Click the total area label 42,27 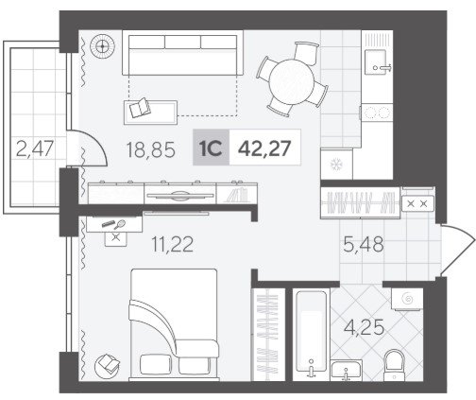(264, 148)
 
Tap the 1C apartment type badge (211, 148)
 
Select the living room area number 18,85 (150, 149)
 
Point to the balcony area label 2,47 (35, 148)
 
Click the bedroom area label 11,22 (173, 244)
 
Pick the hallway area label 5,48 (364, 244)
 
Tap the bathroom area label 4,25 (365, 327)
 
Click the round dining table (292, 82)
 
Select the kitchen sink (376, 61)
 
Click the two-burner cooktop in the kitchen (377, 113)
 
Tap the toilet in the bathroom (394, 365)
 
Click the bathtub (311, 335)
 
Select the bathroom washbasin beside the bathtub (346, 371)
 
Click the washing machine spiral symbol (407, 299)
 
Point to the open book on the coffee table (140, 108)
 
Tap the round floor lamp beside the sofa (102, 46)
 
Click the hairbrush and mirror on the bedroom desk (113, 224)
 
